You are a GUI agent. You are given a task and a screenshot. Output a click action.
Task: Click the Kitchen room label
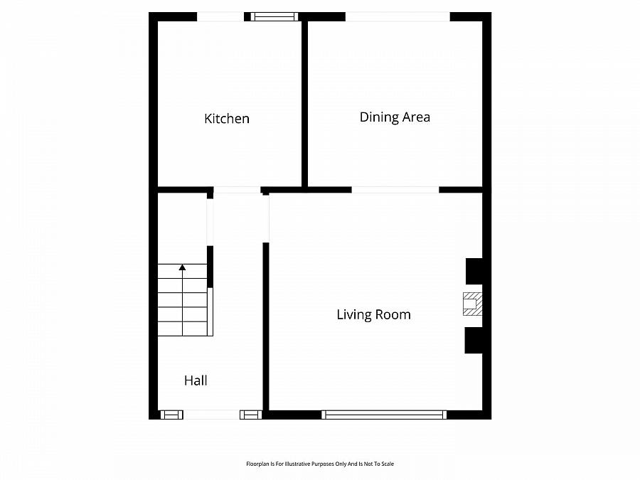click(227, 118)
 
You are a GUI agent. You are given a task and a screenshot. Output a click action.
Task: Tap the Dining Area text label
click(395, 117)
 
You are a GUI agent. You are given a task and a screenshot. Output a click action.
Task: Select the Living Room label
click(373, 314)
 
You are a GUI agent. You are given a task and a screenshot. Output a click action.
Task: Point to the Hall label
click(196, 380)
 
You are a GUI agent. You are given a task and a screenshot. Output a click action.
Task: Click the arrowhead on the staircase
click(183, 267)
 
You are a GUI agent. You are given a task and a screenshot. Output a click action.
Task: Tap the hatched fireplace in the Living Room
click(473, 304)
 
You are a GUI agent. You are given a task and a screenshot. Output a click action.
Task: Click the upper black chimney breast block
click(474, 271)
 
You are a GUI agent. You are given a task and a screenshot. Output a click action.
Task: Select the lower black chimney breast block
click(474, 341)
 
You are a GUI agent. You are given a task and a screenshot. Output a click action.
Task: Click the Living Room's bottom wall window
click(384, 415)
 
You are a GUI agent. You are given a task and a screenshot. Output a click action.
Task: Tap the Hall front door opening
click(211, 415)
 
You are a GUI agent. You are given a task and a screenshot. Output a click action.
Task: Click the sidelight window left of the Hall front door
click(171, 415)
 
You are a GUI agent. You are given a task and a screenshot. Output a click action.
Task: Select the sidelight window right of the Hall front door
click(250, 415)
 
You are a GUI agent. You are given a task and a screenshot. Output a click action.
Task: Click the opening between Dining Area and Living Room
click(395, 190)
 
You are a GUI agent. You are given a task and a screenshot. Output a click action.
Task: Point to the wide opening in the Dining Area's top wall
click(398, 17)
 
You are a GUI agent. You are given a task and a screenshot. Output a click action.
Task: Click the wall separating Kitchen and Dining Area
click(304, 104)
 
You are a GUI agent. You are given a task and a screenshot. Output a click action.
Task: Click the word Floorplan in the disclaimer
click(256, 464)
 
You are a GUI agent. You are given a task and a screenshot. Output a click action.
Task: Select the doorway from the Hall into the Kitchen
click(237, 190)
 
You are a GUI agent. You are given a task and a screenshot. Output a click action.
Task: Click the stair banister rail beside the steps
click(210, 312)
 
